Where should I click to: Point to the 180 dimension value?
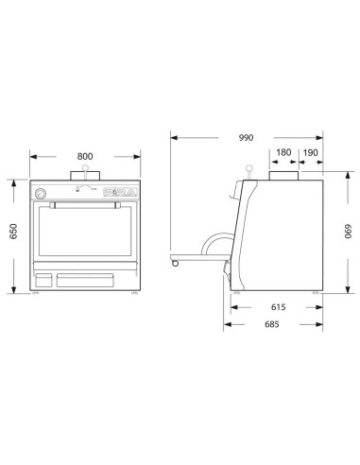click(x=283, y=152)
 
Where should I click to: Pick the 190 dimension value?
click(x=311, y=152)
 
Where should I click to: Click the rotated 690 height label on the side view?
click(x=346, y=232)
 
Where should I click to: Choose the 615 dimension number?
click(x=276, y=306)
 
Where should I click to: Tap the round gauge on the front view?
click(x=41, y=193)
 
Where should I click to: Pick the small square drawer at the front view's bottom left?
click(x=43, y=280)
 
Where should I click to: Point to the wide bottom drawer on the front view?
click(x=86, y=280)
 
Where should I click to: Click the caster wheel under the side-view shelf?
click(x=174, y=260)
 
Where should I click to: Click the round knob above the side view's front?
click(x=249, y=170)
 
